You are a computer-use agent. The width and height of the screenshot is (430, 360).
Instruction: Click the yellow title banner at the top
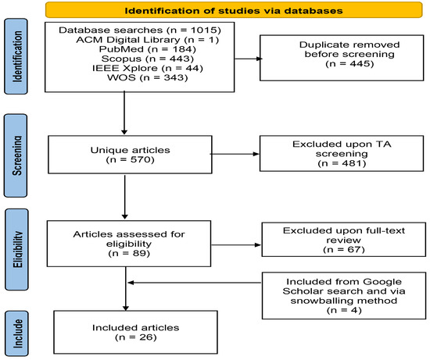tap(226, 11)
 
